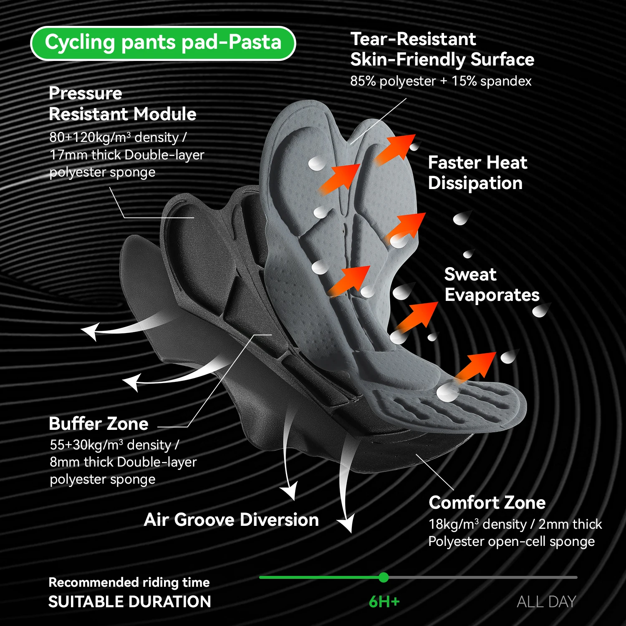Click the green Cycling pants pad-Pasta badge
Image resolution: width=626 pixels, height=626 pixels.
pos(163,43)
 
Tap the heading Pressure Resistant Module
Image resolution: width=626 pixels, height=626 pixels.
pos(122,103)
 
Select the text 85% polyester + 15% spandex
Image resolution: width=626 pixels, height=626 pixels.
pos(441,81)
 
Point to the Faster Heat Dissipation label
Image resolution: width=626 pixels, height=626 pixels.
pos(477,173)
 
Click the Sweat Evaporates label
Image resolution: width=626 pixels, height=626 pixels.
pos(492,285)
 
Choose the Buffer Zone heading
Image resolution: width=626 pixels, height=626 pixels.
pos(98,424)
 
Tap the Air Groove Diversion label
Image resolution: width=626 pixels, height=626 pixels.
pos(231,520)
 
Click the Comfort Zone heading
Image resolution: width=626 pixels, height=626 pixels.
pos(487,502)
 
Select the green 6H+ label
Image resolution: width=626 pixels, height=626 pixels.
pos(384,602)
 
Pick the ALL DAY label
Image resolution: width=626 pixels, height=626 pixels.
pos(546,602)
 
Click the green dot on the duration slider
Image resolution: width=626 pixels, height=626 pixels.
pos(384,578)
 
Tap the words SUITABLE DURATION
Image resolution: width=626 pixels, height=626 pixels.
pos(130,602)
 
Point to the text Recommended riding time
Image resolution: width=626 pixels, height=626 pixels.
pos(129,582)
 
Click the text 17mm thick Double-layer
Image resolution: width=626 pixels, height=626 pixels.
pos(127,155)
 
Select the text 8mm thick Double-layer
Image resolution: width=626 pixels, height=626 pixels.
pos(123,462)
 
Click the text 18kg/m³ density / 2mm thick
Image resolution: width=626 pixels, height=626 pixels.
pos(515,524)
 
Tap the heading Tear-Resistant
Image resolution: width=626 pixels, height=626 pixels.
pos(413,39)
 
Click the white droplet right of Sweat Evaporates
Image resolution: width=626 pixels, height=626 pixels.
pos(541,310)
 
